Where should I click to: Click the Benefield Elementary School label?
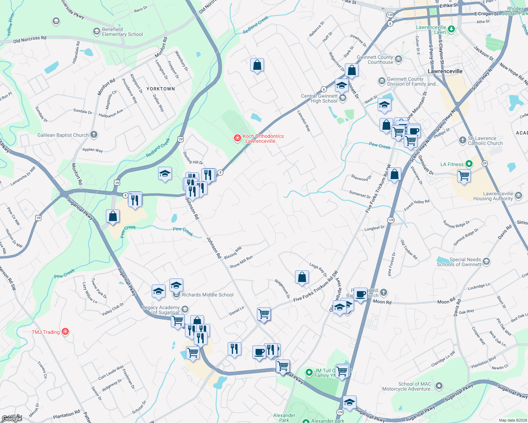122,32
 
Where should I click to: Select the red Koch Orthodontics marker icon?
238,138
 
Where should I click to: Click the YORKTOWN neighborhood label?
161,89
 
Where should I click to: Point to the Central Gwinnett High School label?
319,98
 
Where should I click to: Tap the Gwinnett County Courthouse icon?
398,59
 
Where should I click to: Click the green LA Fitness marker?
469,164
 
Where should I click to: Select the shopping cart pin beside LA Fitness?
464,175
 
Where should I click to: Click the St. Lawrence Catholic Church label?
485,141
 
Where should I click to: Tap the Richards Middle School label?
208,295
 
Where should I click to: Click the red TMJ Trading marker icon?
65,331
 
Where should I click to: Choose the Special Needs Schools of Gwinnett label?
459,262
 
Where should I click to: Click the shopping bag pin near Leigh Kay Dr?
302,277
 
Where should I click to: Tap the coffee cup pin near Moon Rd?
360,294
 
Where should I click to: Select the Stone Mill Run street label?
241,262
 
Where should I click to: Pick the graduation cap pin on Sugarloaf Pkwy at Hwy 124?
349,402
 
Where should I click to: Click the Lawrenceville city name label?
445,71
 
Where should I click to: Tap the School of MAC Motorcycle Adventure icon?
439,386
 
